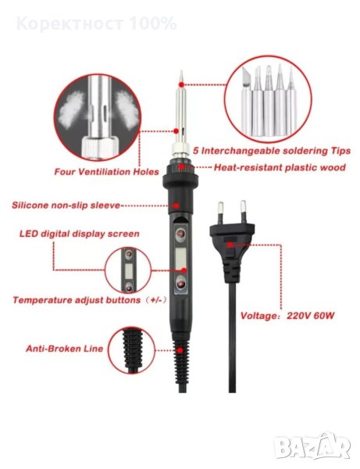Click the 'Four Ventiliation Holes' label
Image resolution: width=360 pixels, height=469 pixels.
[106, 172]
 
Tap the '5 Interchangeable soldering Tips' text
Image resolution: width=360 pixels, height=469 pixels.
[272, 150]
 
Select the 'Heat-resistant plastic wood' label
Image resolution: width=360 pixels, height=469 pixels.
[280, 167]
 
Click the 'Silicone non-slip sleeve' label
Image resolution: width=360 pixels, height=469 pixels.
[66, 205]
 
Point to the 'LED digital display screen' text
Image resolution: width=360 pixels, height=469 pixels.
[80, 234]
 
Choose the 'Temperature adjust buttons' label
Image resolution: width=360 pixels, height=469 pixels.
[77, 299]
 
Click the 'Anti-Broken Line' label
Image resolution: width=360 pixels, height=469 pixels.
[64, 349]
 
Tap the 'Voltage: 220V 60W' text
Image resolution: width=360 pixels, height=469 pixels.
[287, 316]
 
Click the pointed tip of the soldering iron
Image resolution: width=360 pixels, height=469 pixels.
[181, 71]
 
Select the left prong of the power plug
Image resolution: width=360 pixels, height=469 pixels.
[220, 213]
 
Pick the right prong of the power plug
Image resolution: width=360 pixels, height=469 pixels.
[244, 212]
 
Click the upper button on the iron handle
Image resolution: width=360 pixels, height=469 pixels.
[180, 234]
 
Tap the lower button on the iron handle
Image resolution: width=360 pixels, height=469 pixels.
[180, 283]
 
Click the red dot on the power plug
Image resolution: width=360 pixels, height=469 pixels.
[230, 245]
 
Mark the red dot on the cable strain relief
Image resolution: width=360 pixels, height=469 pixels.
[180, 350]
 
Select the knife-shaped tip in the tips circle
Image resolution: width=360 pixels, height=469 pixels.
[246, 101]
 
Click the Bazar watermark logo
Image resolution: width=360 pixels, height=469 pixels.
[312, 446]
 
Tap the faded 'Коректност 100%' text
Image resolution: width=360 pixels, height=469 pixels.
[96, 23]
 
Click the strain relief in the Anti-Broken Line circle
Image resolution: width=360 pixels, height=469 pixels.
[132, 350]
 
